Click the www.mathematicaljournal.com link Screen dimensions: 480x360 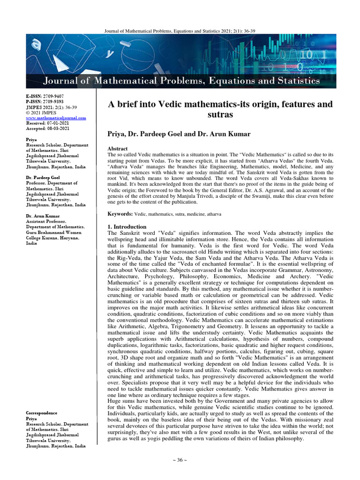pos(56,118)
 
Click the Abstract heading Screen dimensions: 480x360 pos(118,148)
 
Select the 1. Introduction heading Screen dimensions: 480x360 pos(127,227)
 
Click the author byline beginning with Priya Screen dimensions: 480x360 pos(179,134)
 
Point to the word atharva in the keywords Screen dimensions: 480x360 pos(212,214)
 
